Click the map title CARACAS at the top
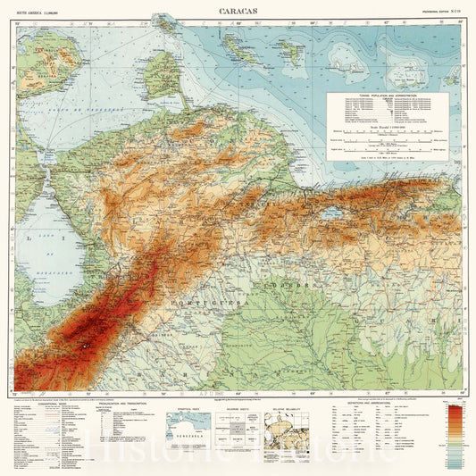click(x=237, y=11)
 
